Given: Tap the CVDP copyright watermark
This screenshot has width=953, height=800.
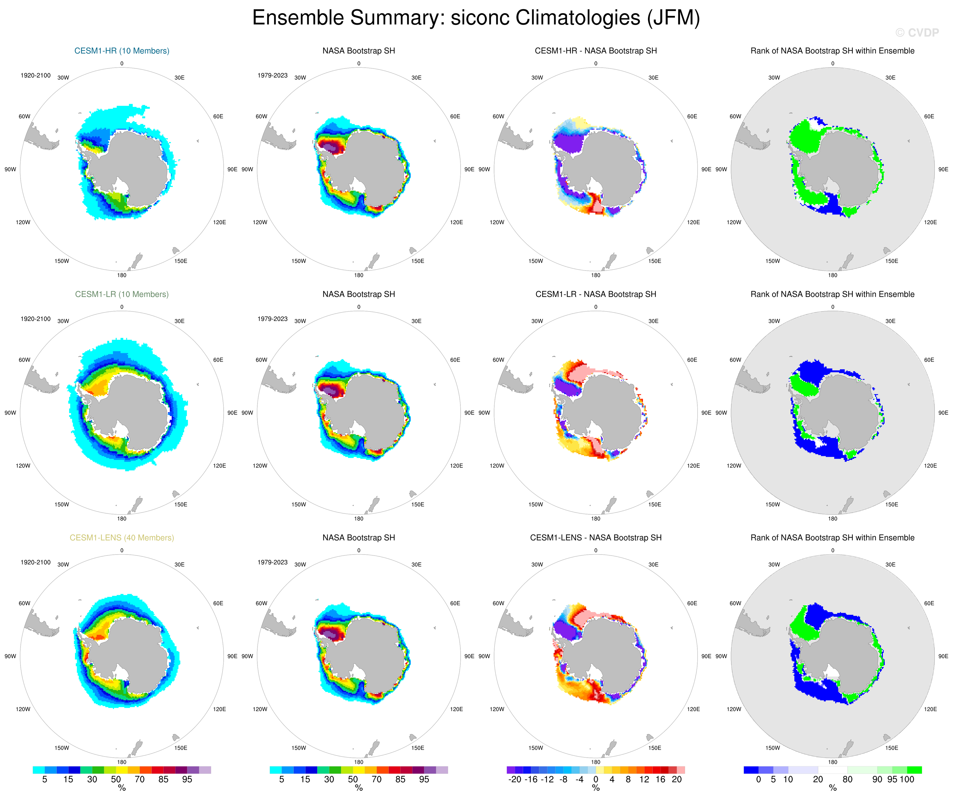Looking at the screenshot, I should [x=917, y=33].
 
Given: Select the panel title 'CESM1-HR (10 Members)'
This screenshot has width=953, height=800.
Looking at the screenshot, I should [x=122, y=51].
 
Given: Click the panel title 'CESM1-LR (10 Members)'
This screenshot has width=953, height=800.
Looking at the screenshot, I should [x=122, y=294].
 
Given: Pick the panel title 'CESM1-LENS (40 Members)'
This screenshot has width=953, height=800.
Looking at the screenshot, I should [x=122, y=538].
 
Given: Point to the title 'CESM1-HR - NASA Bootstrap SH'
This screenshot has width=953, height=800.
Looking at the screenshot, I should [x=595, y=51].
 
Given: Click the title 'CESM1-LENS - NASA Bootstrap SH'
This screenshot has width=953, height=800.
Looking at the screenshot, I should [x=595, y=538].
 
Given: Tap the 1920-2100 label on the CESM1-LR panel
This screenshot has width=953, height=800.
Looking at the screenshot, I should [x=35, y=319].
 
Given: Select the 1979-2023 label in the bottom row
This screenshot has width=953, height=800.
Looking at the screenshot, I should [x=272, y=562].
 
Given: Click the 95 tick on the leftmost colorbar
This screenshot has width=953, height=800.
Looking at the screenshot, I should [x=187, y=779].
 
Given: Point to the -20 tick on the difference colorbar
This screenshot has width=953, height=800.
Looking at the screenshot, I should [x=515, y=779].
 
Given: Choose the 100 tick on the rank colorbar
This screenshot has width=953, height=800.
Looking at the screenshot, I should [x=907, y=779].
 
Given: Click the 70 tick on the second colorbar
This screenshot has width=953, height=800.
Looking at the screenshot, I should [x=377, y=779].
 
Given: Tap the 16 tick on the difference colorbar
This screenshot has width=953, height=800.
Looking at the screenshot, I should [x=660, y=779].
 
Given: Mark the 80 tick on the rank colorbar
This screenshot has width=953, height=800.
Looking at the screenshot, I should [x=847, y=779].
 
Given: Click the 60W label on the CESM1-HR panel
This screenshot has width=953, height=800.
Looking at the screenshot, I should [x=24, y=117].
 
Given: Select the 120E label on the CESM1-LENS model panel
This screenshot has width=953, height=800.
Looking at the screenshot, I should [x=220, y=709].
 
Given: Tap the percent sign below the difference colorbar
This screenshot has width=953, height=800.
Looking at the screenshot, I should [x=596, y=789].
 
